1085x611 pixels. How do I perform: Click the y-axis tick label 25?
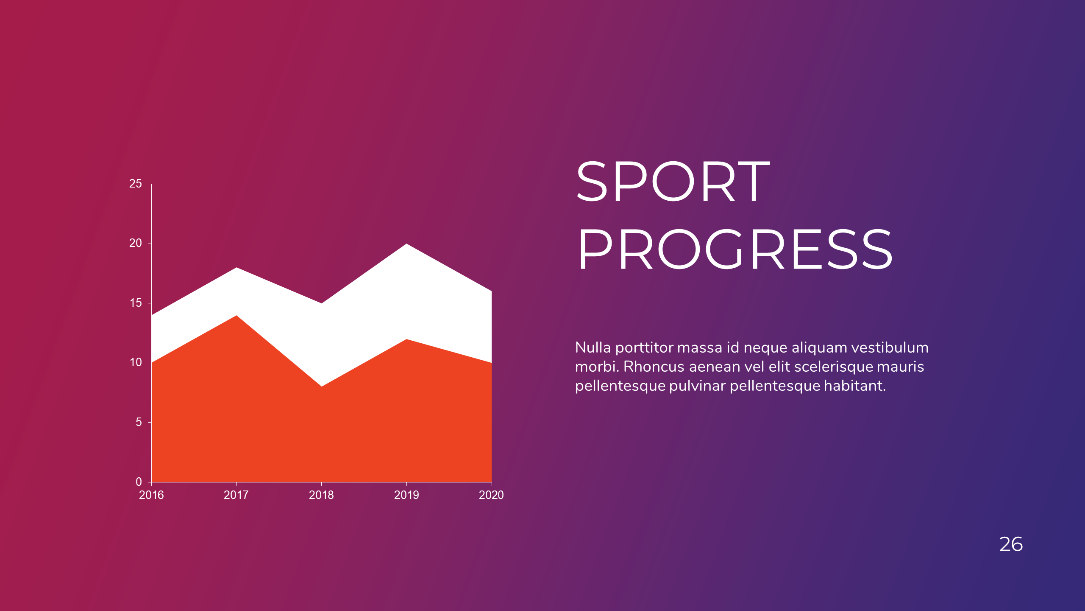click(136, 184)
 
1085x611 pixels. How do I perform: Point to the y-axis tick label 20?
click(136, 243)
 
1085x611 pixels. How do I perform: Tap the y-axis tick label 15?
click(136, 303)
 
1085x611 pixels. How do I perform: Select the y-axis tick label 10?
click(136, 362)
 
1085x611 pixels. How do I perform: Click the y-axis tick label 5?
click(139, 422)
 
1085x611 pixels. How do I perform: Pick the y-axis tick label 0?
click(139, 482)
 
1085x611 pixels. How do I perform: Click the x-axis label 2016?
click(151, 495)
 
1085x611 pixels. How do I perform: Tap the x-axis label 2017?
click(236, 495)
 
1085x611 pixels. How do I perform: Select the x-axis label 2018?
click(321, 495)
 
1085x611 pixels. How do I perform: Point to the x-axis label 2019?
click(406, 495)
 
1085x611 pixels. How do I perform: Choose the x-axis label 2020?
click(491, 495)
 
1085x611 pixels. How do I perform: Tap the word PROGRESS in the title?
click(735, 249)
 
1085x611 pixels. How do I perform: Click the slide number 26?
click(1011, 544)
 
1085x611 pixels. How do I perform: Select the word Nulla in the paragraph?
click(593, 348)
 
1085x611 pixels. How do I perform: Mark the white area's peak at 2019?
click(406, 244)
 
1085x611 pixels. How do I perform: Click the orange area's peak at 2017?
click(236, 316)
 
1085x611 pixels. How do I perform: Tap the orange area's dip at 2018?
click(322, 386)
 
